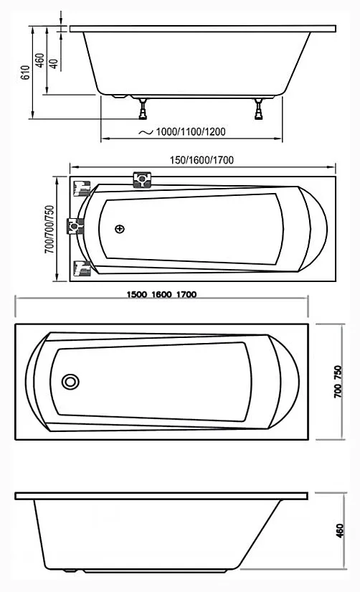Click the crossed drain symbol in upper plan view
point(119,230)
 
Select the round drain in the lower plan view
point(70,382)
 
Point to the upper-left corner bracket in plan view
point(81,187)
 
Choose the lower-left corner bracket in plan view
point(81,268)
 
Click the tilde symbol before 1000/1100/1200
point(146,133)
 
